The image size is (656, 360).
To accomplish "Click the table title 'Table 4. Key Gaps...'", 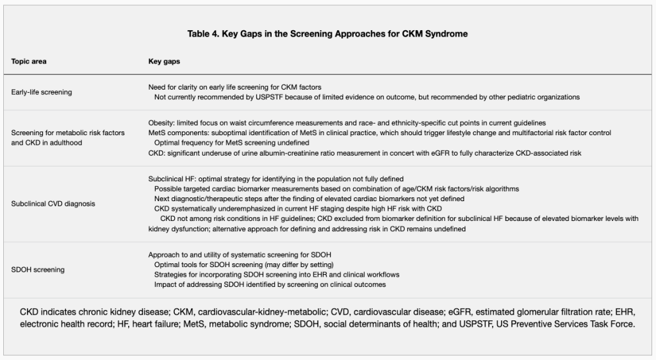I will point(327,34).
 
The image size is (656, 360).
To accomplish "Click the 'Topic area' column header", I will point(29,61).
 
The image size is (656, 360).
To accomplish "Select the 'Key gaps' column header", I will point(164,61).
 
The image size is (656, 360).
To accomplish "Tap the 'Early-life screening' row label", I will point(42,92).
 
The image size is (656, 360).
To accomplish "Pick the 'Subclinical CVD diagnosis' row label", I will point(53,204).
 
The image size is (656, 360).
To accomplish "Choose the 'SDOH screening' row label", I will point(38,270).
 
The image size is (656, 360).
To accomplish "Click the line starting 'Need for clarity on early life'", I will point(234,86).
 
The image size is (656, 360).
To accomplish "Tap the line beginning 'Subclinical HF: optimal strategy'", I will point(275,179).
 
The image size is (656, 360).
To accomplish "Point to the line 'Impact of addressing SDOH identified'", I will point(270,284).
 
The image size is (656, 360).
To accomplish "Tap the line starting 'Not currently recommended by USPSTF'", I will point(366,97).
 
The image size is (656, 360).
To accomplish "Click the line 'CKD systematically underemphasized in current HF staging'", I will point(298,209).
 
